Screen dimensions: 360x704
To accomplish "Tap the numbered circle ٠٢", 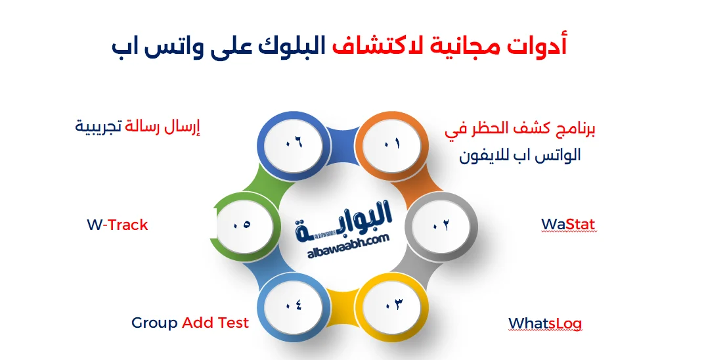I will (x=441, y=225).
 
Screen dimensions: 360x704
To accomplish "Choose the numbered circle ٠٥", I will (x=242, y=225).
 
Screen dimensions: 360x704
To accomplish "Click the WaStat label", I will (x=568, y=225).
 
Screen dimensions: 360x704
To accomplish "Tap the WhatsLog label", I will (x=545, y=324).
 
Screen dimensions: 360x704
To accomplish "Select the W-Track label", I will (x=118, y=225).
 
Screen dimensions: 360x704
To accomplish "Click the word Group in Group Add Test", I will (x=154, y=323).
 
